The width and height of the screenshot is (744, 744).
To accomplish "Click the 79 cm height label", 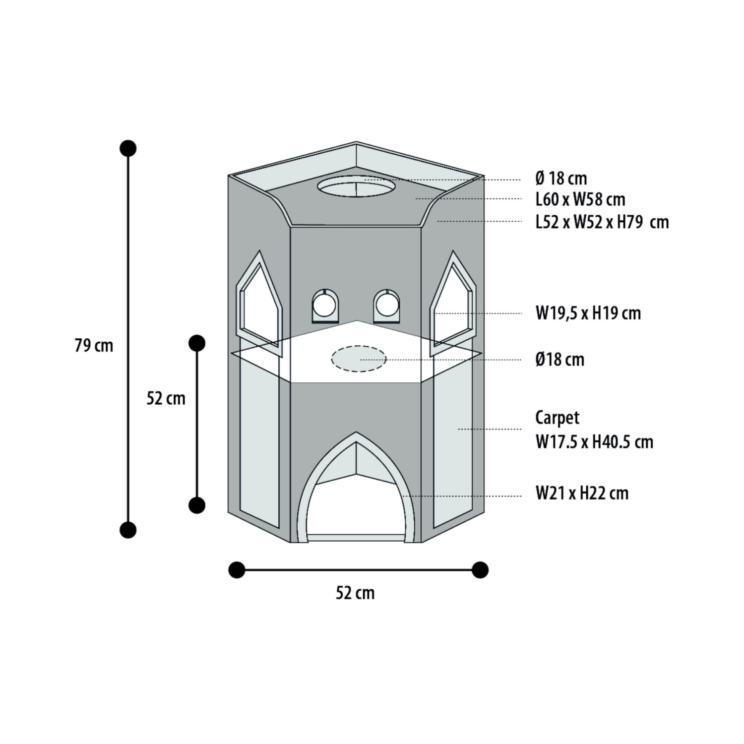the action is click(x=94, y=346).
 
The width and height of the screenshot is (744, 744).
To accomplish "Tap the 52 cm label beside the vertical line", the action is click(x=166, y=398).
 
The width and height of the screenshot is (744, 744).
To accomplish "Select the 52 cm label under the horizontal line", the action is click(x=355, y=593).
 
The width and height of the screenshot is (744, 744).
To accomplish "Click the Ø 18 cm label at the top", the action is click(x=561, y=179).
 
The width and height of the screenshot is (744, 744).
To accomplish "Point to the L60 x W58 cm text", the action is click(x=580, y=199).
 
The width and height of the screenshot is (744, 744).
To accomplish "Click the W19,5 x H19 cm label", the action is click(x=588, y=313).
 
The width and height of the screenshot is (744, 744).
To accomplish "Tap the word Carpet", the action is click(x=557, y=418).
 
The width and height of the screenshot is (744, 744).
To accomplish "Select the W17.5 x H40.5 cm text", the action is click(x=594, y=441).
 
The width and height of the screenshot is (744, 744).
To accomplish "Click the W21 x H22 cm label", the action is click(x=582, y=494).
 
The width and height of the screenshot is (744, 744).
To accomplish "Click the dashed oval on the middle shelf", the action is click(x=359, y=358).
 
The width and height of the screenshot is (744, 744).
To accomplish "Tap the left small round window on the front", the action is click(x=324, y=305).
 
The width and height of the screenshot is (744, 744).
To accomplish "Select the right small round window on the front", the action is click(x=386, y=305).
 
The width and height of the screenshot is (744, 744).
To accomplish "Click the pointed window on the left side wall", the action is click(x=259, y=305).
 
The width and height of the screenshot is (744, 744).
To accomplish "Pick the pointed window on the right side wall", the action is click(x=452, y=305).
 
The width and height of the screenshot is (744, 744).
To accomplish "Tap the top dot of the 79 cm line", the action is click(x=128, y=148).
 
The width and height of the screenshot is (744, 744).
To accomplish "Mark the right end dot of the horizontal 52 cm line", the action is click(x=480, y=570).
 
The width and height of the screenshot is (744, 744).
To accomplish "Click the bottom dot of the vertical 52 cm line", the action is click(x=197, y=505).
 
